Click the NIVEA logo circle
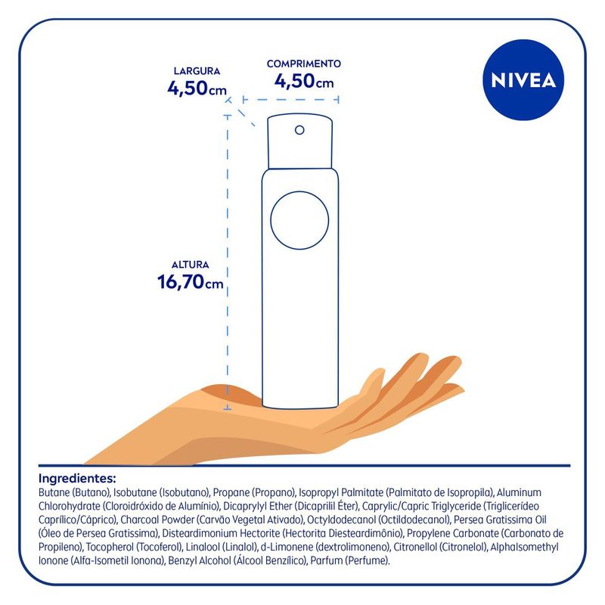click(x=523, y=80)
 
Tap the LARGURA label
click(x=197, y=71)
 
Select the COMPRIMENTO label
click(x=304, y=64)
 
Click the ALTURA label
click(x=191, y=265)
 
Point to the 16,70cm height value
click(x=191, y=282)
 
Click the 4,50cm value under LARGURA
click(x=197, y=88)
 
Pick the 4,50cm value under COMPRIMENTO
click(x=304, y=82)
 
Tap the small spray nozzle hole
click(x=299, y=130)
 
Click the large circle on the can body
click(x=299, y=220)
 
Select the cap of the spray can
click(x=299, y=141)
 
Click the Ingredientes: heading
click(x=77, y=479)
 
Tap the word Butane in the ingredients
click(x=54, y=493)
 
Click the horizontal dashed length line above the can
click(x=291, y=100)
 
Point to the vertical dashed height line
click(x=228, y=262)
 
